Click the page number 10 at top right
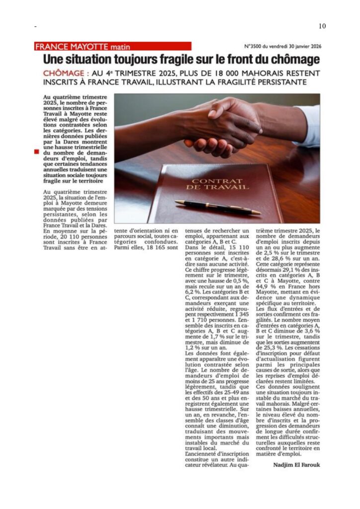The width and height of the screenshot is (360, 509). (322, 26)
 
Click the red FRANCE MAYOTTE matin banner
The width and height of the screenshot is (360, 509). (113, 46)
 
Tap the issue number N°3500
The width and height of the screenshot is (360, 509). (254, 46)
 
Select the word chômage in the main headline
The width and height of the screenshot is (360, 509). (294, 60)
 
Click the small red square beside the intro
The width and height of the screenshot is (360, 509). (36, 152)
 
